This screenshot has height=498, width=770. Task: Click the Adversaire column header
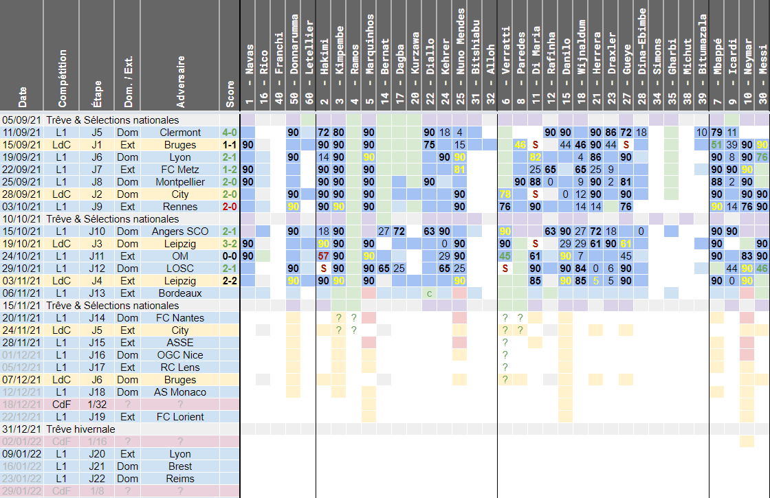[181, 82]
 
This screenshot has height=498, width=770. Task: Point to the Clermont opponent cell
[180, 133]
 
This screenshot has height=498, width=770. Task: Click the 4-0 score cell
[230, 133]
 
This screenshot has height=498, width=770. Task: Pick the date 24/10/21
[21, 256]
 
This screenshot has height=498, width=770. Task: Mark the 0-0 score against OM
[230, 256]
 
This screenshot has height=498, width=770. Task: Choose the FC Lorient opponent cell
[180, 417]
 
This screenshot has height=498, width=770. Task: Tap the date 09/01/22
[21, 454]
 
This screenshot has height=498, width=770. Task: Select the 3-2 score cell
[230, 244]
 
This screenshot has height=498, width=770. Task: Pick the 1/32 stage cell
[96, 405]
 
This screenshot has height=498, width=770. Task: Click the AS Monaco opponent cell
[180, 392]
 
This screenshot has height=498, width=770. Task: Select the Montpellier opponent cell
[180, 182]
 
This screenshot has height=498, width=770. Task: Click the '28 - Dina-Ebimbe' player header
[641, 62]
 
